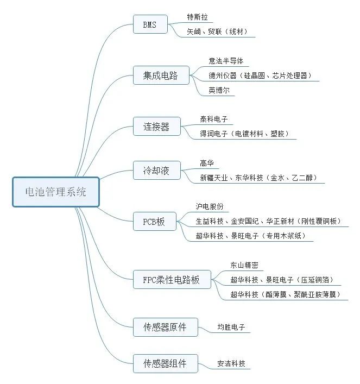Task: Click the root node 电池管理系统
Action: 56,192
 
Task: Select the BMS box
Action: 150,24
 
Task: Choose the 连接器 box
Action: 156,127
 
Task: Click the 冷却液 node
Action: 156,171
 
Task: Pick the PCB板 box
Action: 154,222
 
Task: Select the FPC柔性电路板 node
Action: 172,280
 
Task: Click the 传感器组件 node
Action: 165,363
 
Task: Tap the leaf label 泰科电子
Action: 214,119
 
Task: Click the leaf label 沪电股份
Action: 210,206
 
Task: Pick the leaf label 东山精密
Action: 244,265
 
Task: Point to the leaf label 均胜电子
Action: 231,328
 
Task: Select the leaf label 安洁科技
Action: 231,363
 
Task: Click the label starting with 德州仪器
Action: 260,75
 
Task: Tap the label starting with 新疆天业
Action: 258,178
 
